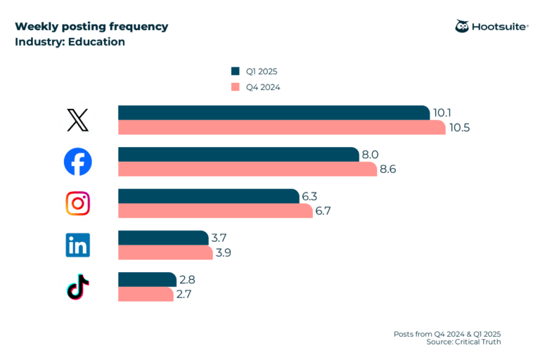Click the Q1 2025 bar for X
[x=274, y=112]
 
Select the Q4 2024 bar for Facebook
[x=247, y=169]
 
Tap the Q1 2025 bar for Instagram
[x=208, y=196]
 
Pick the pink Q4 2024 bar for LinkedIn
[x=165, y=252]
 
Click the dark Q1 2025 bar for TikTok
[x=147, y=279]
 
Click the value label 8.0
[x=370, y=155]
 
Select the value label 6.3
[x=310, y=196]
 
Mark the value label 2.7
[x=184, y=295]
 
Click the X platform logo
[x=77, y=120]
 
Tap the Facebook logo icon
[x=77, y=162]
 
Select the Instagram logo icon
[x=77, y=203]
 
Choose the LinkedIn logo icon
[x=77, y=245]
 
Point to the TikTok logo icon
[x=77, y=287]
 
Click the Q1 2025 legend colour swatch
[x=236, y=71]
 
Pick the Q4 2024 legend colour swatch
[x=236, y=87]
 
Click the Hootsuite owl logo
[x=462, y=27]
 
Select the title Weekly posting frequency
[x=91, y=27]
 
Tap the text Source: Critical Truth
[x=463, y=342]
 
